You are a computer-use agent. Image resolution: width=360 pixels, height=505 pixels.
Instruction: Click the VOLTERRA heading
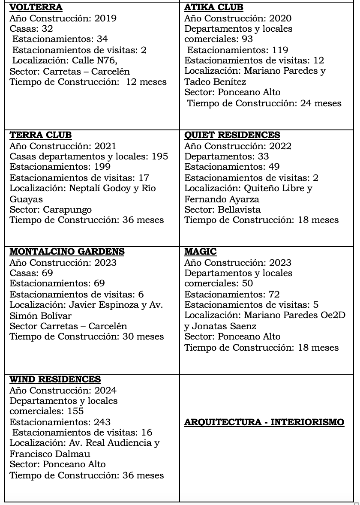(x=36, y=7)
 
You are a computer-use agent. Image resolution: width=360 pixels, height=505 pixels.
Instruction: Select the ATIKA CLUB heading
(x=213, y=7)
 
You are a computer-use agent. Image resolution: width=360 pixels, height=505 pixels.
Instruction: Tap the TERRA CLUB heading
(x=40, y=135)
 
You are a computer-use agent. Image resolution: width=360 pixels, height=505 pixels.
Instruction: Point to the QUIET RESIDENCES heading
(x=232, y=135)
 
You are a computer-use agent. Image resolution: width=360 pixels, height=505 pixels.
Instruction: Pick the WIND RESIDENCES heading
(x=55, y=379)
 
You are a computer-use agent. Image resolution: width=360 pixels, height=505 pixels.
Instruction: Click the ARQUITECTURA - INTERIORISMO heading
(x=264, y=422)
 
